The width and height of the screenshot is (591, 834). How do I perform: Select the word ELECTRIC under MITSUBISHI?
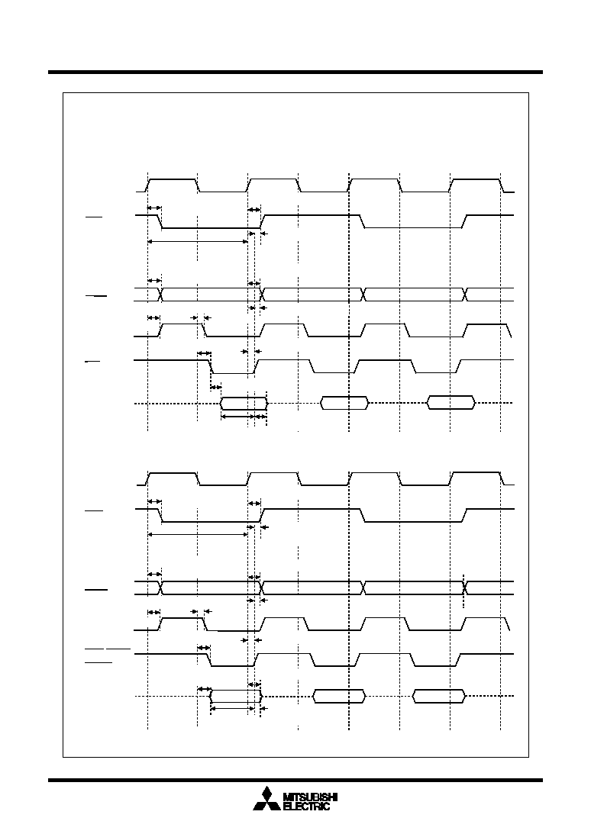tap(307, 807)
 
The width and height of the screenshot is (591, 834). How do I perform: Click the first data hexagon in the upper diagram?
tap(244, 404)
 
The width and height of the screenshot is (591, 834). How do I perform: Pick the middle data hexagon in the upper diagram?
tap(344, 403)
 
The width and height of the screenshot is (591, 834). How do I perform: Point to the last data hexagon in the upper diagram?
tap(451, 403)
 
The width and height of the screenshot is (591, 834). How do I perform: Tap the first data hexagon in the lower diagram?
tap(237, 696)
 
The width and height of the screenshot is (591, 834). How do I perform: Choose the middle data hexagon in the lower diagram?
tap(340, 696)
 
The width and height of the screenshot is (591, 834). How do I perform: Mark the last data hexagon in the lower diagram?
tap(439, 696)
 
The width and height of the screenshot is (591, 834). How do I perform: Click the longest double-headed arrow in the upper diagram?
tap(198, 241)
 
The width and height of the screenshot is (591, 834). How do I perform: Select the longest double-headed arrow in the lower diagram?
tap(198, 535)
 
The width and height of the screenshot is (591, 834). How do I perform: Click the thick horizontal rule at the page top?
tap(295, 72)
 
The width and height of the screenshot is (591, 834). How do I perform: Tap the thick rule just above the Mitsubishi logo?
tap(295, 781)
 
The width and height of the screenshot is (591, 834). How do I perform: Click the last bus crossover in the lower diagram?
tap(465, 588)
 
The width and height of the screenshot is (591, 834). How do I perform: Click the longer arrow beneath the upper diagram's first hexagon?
tap(237, 417)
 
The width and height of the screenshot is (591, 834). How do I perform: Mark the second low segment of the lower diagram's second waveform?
tap(413, 522)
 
